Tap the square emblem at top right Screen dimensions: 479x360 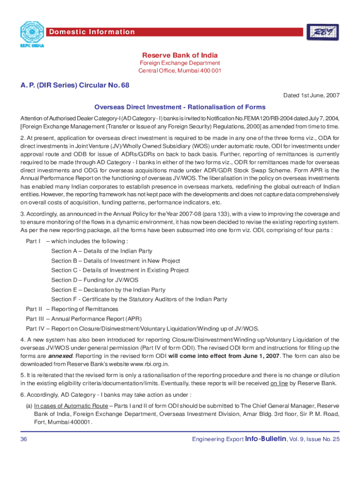pos(323,33)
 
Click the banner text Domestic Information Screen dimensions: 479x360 pos(92,32)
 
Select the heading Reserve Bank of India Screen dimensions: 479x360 pos(180,54)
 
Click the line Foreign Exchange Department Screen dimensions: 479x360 pos(180,63)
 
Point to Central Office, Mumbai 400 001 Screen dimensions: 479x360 pos(180,71)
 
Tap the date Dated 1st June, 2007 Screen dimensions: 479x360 pos(311,95)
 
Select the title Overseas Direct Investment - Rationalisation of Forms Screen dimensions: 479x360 pos(180,107)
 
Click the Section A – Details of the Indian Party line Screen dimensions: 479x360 pos(101,251)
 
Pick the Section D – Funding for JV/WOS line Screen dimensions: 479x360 pos(95,280)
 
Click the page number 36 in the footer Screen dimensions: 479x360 pos(24,439)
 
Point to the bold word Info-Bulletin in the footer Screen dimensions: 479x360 pos(266,439)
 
